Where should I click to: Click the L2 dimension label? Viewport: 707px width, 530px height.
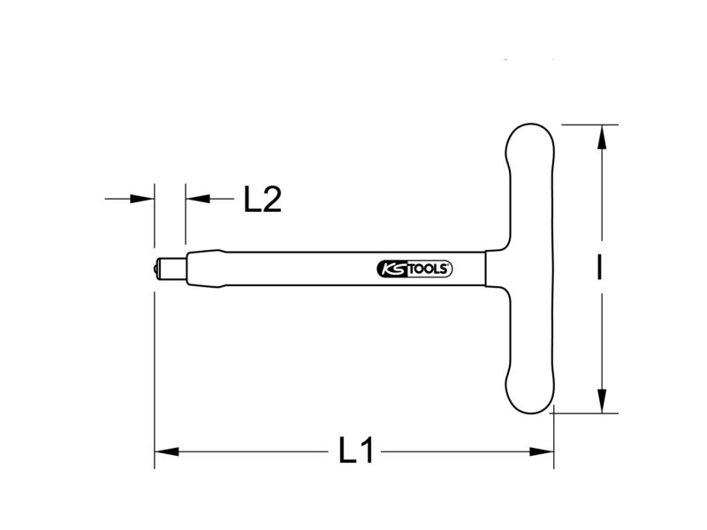point(262,199)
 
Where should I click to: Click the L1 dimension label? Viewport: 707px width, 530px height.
point(356,450)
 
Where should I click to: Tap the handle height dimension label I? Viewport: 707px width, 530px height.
point(599,268)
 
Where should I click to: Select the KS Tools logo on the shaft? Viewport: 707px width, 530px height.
point(414,269)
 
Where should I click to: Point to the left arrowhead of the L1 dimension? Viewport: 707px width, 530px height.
point(167,451)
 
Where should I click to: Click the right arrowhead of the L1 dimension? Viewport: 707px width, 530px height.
point(542,451)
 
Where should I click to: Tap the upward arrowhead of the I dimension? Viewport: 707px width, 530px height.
point(602,137)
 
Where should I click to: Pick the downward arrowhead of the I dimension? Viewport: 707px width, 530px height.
point(602,401)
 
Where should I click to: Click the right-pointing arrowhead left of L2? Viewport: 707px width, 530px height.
point(142,198)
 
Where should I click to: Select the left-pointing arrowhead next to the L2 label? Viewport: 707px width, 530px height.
point(198,198)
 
